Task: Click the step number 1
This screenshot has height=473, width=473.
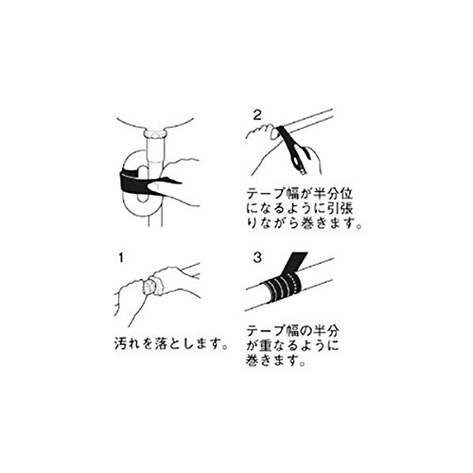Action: click(121, 258)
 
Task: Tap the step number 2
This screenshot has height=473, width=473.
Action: click(257, 115)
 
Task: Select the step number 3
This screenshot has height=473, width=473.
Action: click(257, 258)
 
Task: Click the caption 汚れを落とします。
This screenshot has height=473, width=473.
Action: click(171, 343)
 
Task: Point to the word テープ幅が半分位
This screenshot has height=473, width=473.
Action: click(300, 194)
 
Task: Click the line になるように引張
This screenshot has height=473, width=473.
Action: click(300, 208)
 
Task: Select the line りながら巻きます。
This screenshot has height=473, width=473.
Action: click(304, 223)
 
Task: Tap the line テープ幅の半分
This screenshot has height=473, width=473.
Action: click(292, 331)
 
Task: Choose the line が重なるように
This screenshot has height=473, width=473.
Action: click(292, 345)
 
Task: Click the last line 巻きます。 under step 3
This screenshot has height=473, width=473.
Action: click(276, 360)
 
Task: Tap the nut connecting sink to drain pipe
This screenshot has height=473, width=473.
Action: click(155, 133)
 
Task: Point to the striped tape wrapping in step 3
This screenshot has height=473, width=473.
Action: click(283, 288)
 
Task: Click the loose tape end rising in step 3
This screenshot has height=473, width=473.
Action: click(296, 262)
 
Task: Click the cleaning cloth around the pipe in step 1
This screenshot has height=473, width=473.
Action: click(153, 286)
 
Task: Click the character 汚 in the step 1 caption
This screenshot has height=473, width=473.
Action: click(121, 343)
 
